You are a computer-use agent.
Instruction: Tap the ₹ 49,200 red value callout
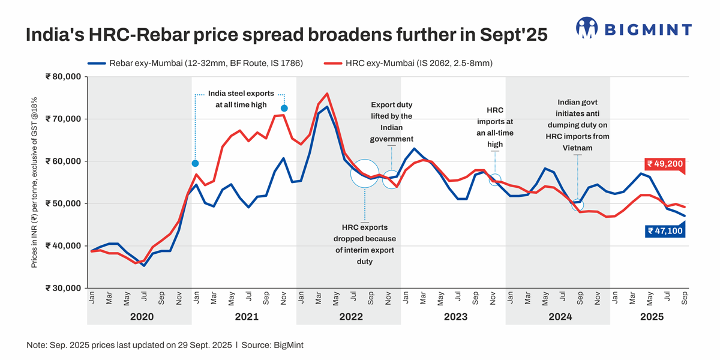664,164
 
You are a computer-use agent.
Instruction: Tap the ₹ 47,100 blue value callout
664,230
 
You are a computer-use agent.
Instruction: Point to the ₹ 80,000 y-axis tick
62,77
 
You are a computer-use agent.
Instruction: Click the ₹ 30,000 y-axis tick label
62,288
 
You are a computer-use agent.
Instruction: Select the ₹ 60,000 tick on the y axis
62,161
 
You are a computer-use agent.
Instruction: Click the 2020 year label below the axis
142,316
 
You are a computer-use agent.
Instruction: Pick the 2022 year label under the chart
350,316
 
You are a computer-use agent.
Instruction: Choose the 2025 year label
652,316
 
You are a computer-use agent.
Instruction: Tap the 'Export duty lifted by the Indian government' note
391,122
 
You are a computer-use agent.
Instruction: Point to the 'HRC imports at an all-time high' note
494,127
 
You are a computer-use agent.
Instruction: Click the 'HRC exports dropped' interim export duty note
365,244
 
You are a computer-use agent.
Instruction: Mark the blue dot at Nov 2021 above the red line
284,108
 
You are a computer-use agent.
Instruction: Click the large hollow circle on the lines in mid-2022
365,174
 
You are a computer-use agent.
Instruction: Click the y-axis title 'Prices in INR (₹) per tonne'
34,182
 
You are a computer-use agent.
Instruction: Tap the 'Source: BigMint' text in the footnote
277,346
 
